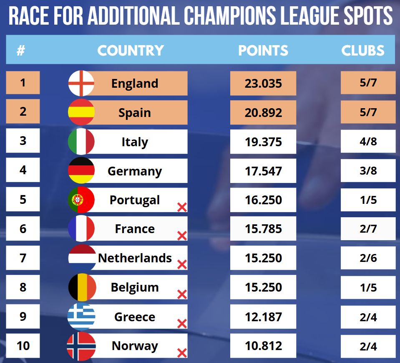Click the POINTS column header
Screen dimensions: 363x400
(263, 51)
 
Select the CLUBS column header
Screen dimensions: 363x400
(363, 51)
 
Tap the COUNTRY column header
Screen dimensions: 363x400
(131, 51)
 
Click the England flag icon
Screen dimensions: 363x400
(81, 83)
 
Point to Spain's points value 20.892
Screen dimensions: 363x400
(263, 113)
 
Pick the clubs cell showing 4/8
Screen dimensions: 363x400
(368, 142)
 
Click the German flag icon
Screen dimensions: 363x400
(81, 171)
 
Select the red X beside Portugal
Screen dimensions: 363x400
(182, 207)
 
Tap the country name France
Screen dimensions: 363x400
(135, 229)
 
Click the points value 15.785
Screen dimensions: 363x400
(263, 229)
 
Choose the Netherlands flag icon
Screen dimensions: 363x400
(81, 258)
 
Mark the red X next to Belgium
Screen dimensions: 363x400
(182, 294)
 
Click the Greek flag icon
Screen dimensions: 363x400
(81, 317)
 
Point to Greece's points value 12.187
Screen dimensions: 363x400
(263, 317)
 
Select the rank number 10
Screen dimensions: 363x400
(23, 345)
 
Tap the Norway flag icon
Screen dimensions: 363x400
(81, 346)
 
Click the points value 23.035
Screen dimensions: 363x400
(263, 83)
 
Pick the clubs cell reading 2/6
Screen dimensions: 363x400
(368, 258)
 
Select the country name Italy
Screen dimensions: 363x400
(135, 142)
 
